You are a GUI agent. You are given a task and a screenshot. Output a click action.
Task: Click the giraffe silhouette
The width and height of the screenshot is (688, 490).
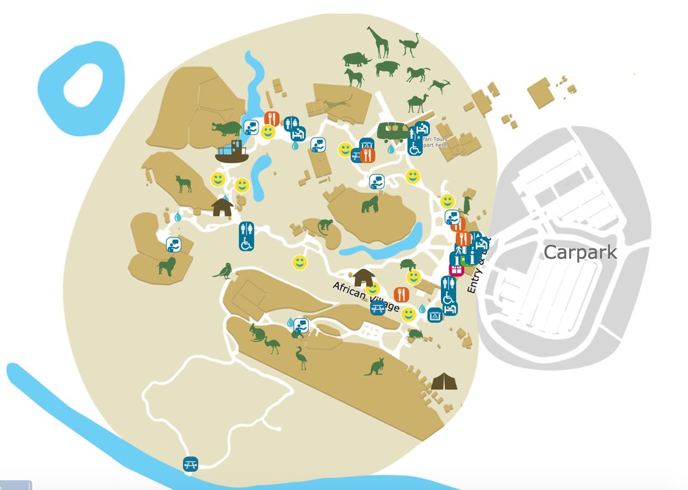[x=378, y=42]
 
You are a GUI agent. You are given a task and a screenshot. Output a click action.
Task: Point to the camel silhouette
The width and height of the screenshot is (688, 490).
[x=418, y=103]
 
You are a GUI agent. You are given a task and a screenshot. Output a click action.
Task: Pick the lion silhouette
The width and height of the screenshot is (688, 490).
[x=167, y=266]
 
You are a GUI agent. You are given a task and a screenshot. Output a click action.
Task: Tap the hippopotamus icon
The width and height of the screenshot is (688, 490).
[x=226, y=129]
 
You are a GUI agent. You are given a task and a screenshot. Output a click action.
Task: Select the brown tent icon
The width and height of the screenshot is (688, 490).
[x=444, y=381]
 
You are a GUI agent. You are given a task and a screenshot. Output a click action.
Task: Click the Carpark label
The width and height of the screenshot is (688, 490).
[x=580, y=253]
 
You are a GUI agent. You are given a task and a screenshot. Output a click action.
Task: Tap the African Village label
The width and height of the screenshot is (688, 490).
[x=366, y=297]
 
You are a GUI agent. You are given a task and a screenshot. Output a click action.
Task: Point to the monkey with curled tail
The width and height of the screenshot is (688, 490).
[x=322, y=226]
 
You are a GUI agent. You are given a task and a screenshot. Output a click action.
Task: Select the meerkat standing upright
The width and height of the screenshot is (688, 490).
[x=467, y=202]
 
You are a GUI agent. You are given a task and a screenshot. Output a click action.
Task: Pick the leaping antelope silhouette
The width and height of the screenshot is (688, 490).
[x=438, y=85]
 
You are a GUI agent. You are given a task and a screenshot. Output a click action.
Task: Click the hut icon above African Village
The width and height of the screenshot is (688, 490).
[x=363, y=277]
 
